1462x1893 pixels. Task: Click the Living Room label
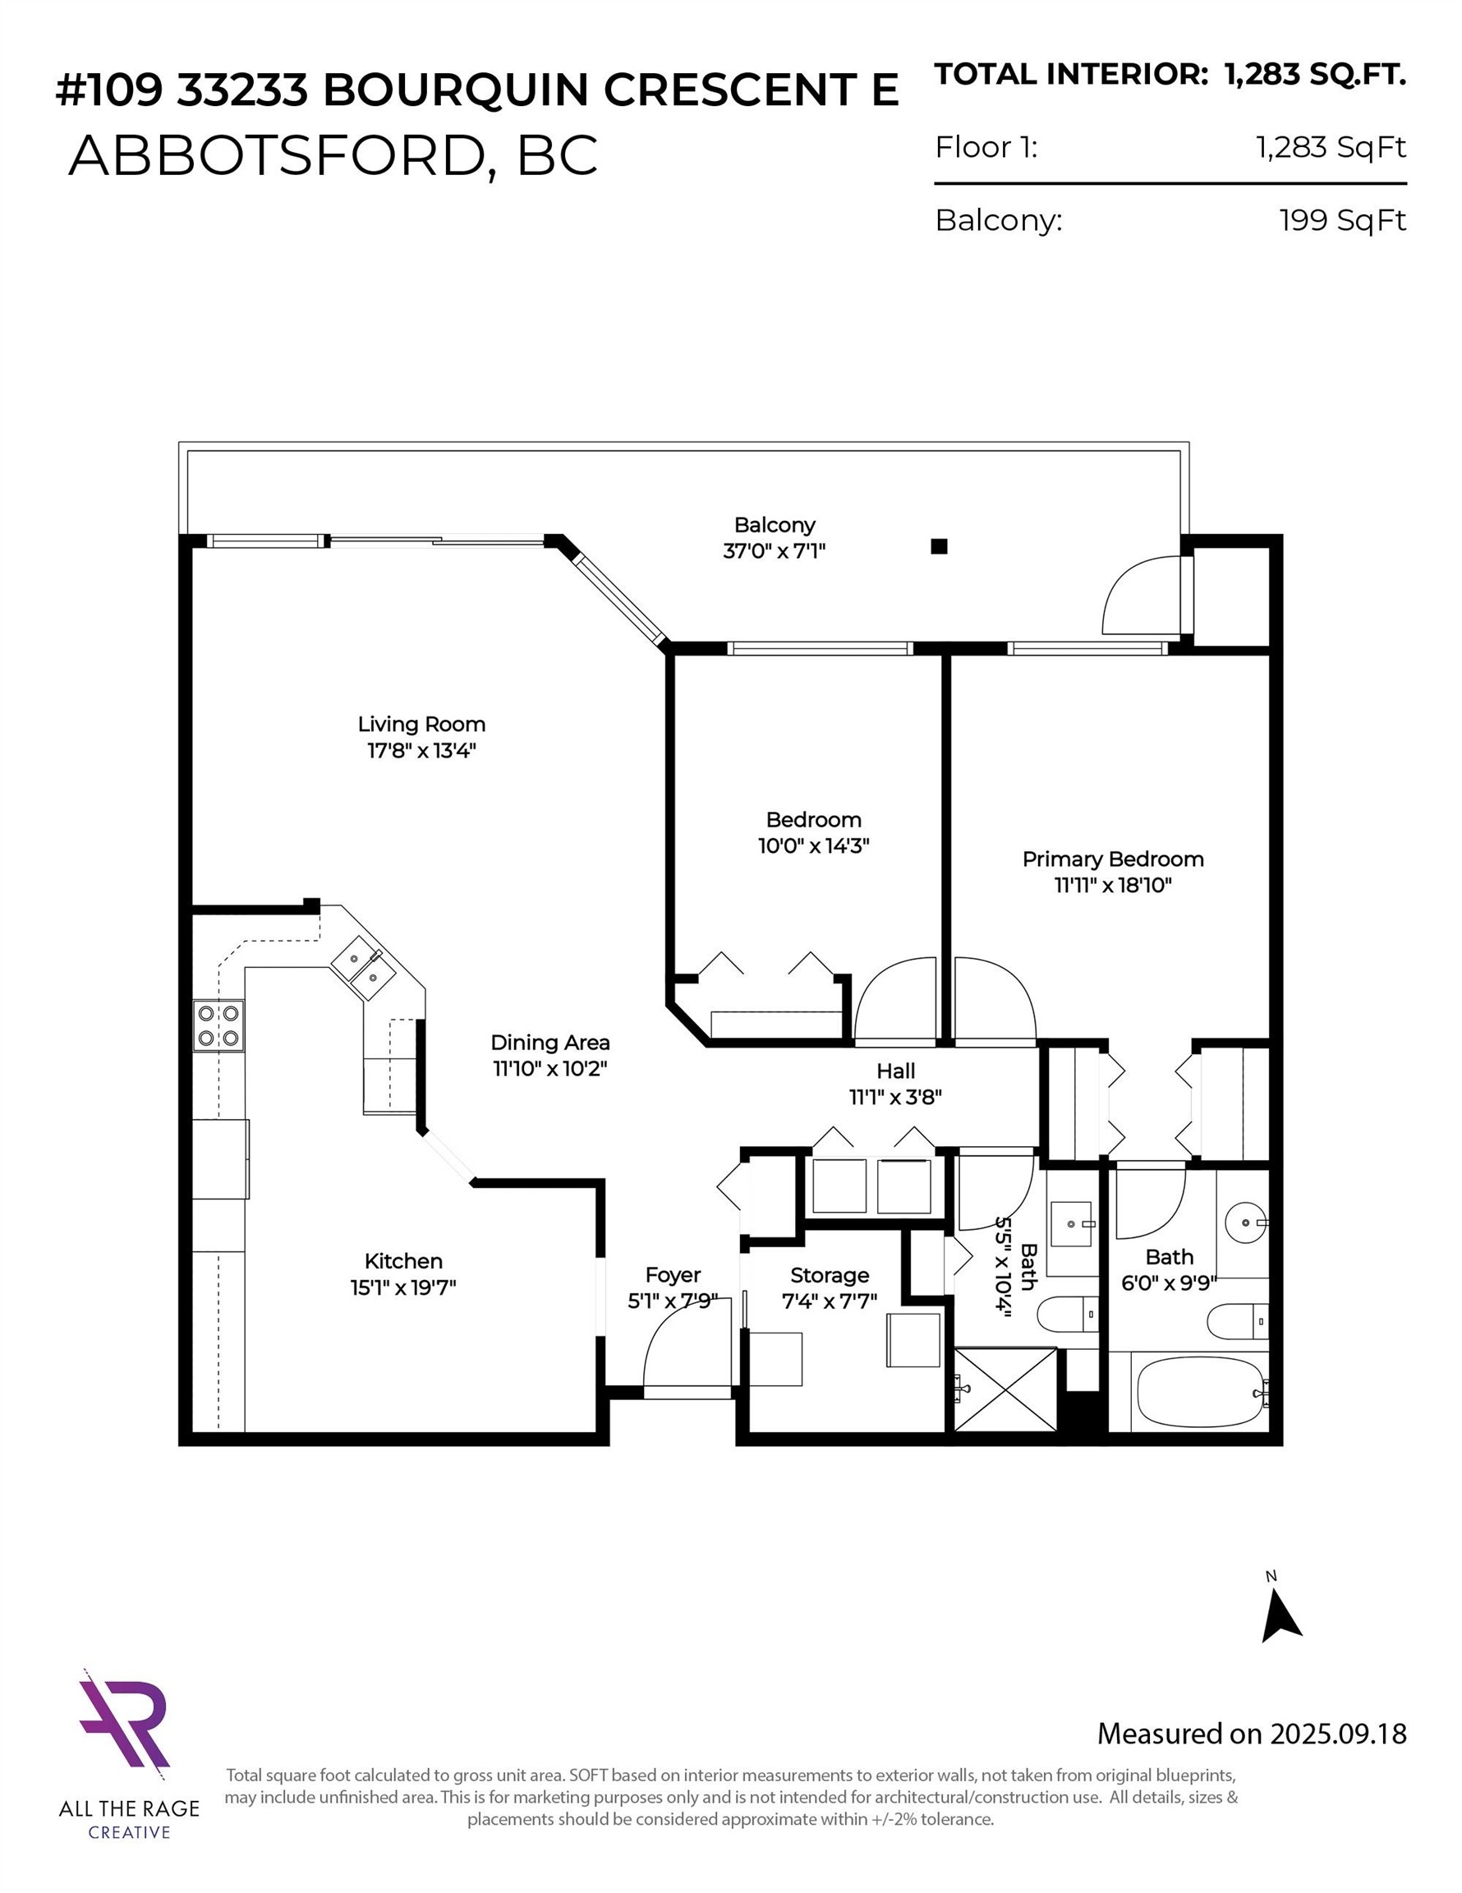point(421,724)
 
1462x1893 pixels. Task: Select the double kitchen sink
point(363,967)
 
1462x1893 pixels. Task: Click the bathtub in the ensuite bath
point(1199,1393)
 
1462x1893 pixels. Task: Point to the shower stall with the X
point(1005,1389)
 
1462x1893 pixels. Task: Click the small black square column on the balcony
point(939,546)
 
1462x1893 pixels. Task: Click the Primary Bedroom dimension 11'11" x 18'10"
point(1113,885)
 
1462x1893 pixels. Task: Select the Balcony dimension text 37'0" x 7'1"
point(774,550)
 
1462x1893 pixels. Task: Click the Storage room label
point(830,1275)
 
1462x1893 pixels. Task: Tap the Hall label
point(895,1071)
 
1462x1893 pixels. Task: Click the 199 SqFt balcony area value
point(1341,220)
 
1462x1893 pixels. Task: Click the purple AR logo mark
point(124,1720)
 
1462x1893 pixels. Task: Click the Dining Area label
point(549,1042)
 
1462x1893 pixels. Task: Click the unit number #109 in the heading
point(108,90)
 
